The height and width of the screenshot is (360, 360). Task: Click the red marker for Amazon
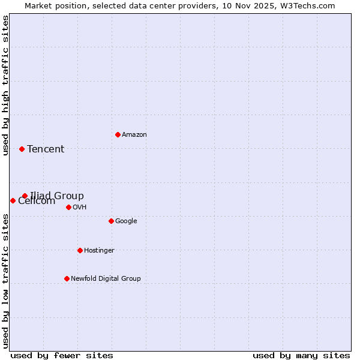point(118,134)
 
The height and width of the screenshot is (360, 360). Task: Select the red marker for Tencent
point(22,149)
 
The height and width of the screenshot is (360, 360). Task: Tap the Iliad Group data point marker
point(25,196)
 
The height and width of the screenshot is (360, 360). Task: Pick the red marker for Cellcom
point(13,200)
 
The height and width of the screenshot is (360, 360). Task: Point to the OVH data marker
point(68,207)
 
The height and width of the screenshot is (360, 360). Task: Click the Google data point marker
point(111,221)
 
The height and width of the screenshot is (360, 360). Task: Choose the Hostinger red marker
point(80,250)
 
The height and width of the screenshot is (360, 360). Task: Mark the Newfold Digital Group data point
point(67,278)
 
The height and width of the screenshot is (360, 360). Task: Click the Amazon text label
point(134,134)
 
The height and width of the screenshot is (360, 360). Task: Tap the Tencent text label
point(46,149)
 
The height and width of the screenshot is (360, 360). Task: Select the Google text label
point(126,221)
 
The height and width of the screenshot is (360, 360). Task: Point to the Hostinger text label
point(99,250)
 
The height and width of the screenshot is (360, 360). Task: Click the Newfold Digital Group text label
point(106,278)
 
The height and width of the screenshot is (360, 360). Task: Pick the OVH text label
point(80,207)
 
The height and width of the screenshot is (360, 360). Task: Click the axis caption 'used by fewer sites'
point(62,355)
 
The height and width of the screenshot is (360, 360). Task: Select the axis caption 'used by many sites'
point(301,355)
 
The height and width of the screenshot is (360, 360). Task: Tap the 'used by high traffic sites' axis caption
point(6,85)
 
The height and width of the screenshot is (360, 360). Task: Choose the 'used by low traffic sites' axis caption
point(6,280)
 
